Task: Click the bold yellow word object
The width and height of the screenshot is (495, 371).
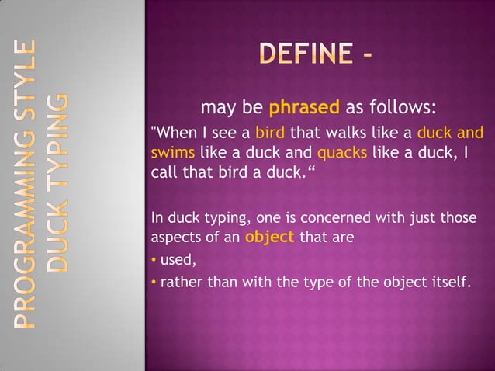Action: tap(269, 238)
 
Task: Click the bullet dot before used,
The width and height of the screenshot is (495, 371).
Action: tap(154, 260)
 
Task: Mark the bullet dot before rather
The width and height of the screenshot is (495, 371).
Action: tap(154, 281)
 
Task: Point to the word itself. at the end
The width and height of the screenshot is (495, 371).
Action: tap(449, 281)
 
